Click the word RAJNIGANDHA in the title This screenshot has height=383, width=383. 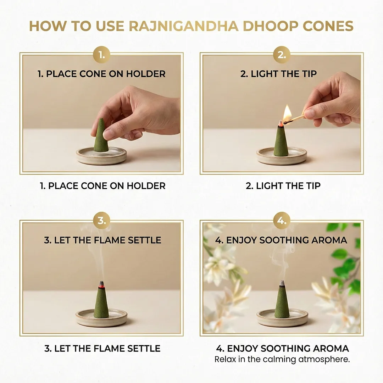coord(183,26)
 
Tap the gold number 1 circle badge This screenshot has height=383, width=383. coord(101,55)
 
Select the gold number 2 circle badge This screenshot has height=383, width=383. coord(282,55)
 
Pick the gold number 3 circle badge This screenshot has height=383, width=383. coord(101,220)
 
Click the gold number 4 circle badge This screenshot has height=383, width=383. coord(282,220)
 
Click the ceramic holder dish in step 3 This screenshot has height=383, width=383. coord(101,318)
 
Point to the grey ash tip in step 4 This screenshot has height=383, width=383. coord(282,283)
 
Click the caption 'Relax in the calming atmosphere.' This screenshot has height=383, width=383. coord(282,360)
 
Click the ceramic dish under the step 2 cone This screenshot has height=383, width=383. coord(282,155)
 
